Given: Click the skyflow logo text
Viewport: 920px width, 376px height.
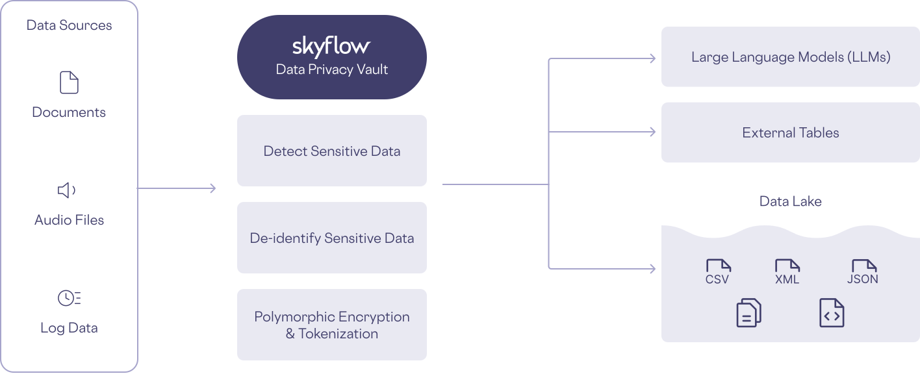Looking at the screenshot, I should (331, 46).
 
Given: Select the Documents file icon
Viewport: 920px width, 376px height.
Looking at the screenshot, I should (69, 82).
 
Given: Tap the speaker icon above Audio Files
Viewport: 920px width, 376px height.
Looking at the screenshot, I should (67, 190).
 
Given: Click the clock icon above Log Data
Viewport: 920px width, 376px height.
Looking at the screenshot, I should (69, 298).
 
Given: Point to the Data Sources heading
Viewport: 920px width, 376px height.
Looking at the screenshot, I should (69, 25).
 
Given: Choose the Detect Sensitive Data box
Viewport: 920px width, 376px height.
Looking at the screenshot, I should (331, 151).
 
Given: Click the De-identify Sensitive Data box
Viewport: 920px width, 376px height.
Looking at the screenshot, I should (331, 238).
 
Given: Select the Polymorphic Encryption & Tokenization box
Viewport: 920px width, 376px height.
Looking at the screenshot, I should (331, 325).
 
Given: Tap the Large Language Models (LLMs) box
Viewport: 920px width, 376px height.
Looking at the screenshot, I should (790, 57).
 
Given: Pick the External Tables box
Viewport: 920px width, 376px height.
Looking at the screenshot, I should (790, 132).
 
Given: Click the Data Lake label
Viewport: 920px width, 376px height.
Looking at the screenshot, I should (790, 201).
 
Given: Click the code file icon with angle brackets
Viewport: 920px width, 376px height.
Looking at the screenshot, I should (832, 313).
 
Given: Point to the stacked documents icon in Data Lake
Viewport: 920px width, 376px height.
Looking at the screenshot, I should (748, 313).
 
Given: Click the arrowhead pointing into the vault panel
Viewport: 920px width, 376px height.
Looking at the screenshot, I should (212, 188).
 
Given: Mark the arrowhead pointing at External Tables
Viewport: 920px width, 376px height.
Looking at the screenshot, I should (652, 132).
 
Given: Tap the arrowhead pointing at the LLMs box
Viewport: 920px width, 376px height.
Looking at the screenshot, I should (652, 58).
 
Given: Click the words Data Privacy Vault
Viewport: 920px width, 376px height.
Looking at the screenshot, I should (331, 69).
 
